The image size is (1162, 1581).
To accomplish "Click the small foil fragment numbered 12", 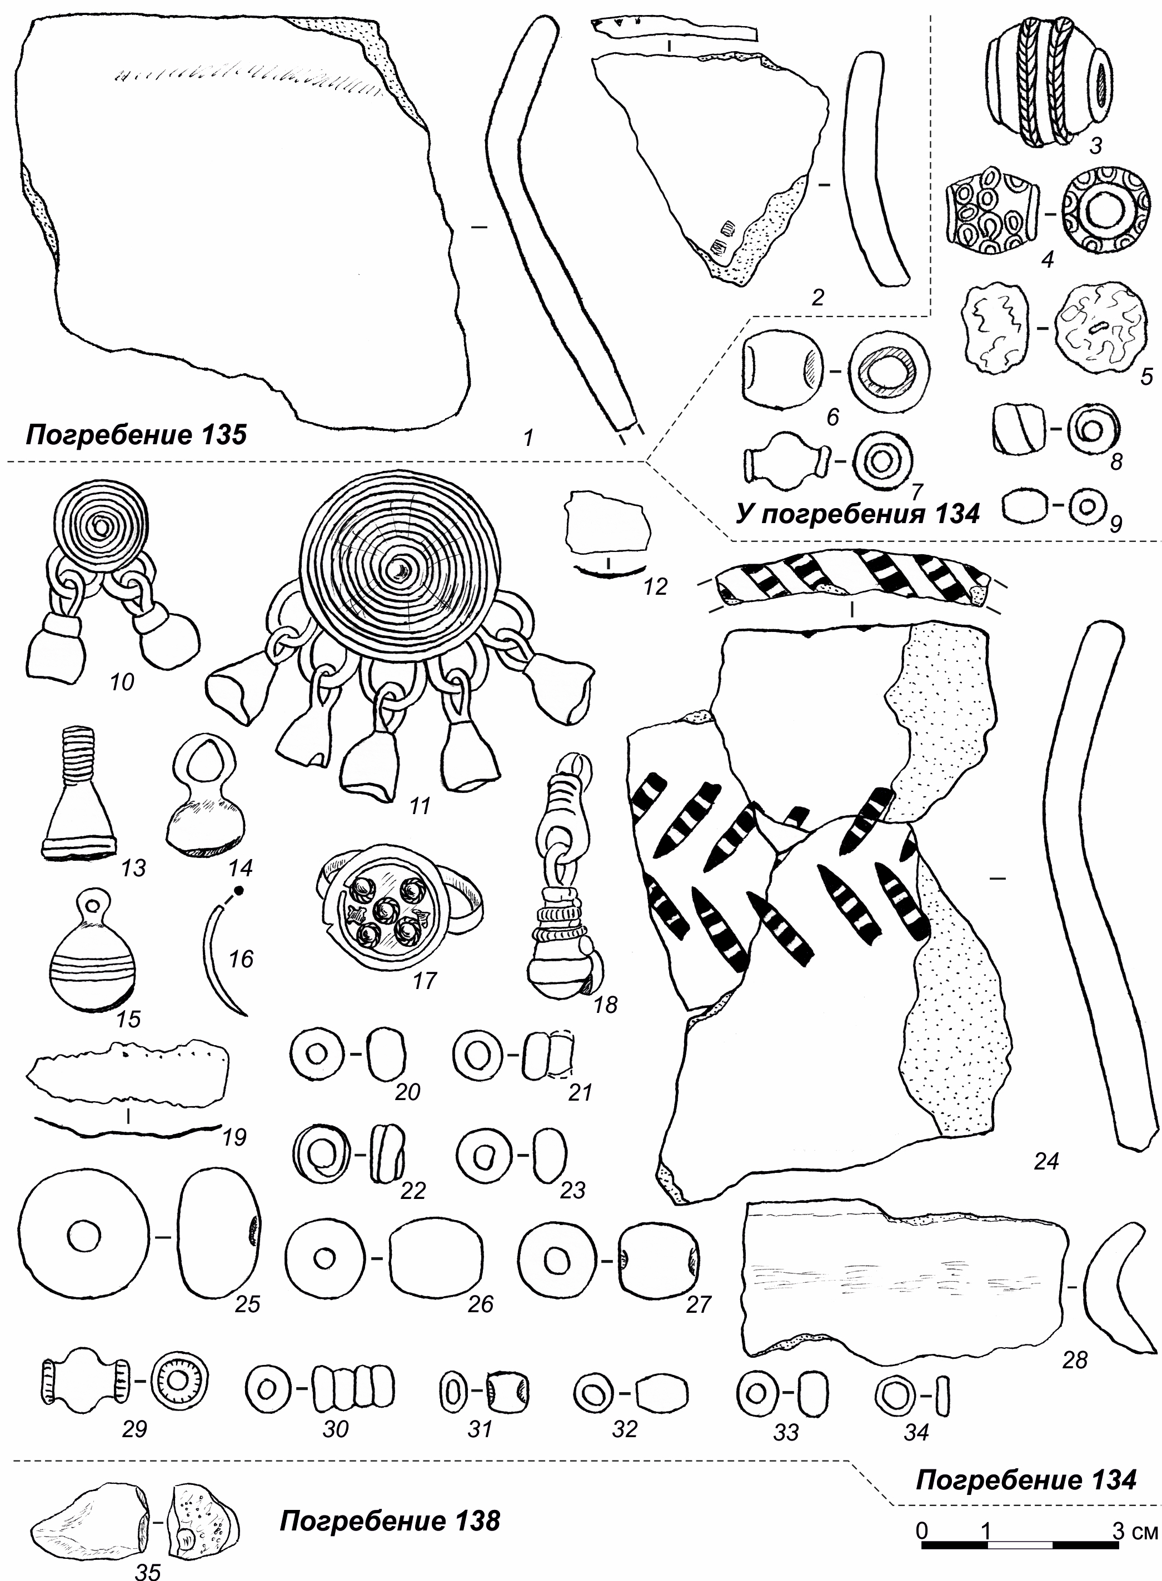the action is [609, 526].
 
